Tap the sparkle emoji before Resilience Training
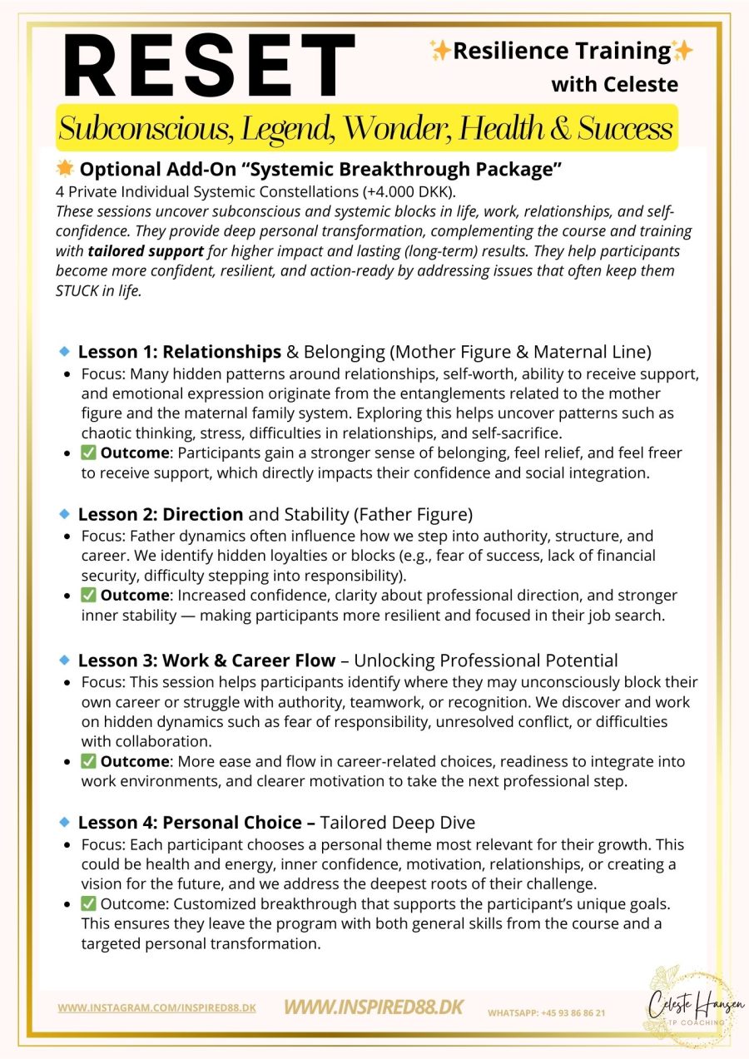pos(440,52)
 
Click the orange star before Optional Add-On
pos(65,170)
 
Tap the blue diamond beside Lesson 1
pos(64,352)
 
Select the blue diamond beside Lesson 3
pos(64,661)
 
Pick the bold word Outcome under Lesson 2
pos(136,596)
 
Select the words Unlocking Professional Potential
pos(486,661)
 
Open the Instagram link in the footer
pos(156,1007)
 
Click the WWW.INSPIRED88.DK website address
pos(374,1007)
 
